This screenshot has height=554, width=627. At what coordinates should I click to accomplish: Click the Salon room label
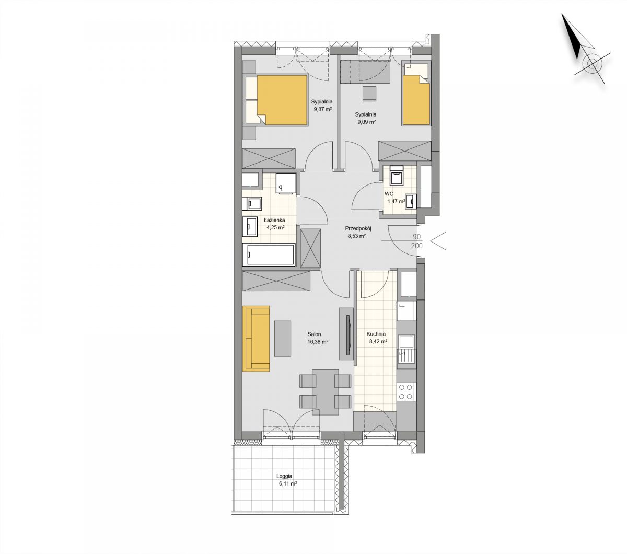point(314,334)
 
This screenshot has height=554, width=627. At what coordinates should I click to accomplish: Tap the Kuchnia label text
point(376,334)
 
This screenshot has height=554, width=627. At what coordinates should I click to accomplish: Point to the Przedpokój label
point(358,228)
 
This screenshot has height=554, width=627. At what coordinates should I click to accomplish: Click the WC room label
point(389,193)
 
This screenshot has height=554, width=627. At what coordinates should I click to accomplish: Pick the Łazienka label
point(274,220)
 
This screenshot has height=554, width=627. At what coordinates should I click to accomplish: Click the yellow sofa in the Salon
point(256,339)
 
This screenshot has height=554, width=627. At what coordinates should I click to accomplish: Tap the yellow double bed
point(276,100)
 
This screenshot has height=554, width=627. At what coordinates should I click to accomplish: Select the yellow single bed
point(416,95)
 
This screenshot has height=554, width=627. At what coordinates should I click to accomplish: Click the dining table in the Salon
point(326,392)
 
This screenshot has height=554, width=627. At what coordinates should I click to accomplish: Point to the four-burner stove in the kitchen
point(406,391)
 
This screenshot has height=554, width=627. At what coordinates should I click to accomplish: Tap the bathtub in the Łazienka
point(269,254)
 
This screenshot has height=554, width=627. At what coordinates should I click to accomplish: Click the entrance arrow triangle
point(438,240)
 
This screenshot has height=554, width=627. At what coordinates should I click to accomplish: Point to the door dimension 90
point(417,237)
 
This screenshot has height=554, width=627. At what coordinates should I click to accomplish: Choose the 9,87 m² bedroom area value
point(323,109)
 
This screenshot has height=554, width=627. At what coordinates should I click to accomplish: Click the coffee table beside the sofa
point(283,339)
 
